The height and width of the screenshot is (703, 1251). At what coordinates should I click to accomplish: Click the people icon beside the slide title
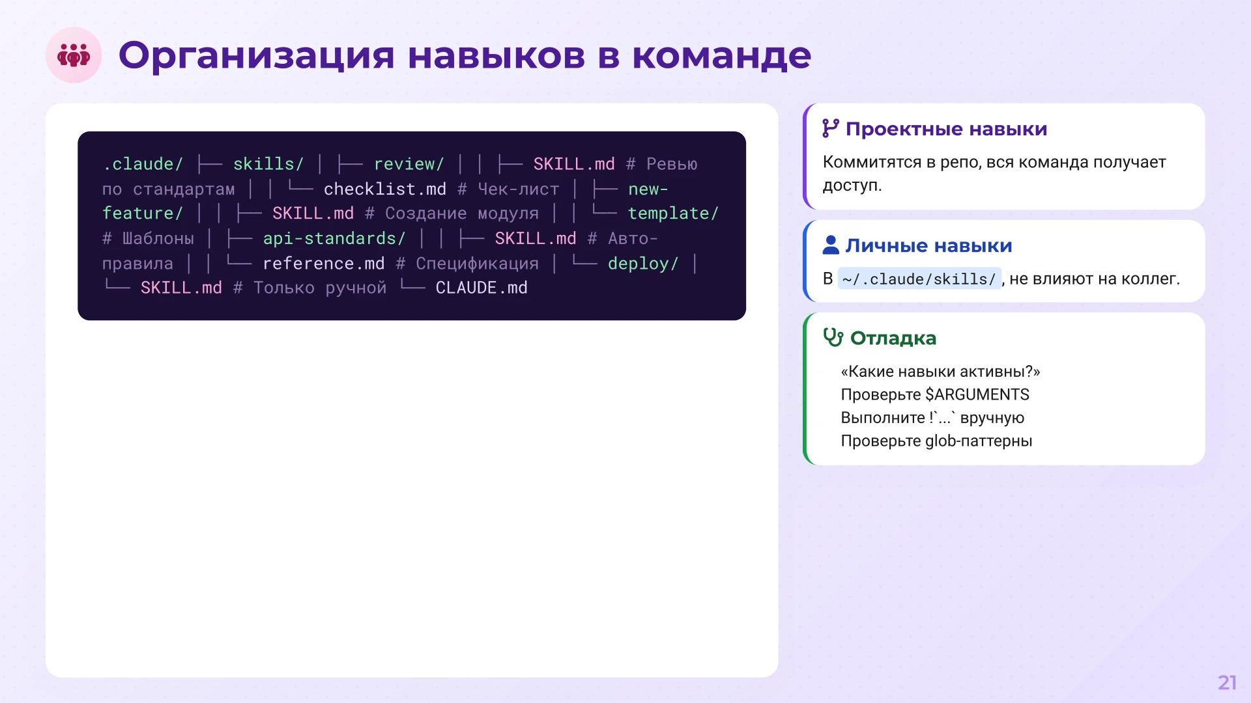[x=74, y=55]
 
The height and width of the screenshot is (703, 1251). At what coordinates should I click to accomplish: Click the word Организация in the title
[x=256, y=55]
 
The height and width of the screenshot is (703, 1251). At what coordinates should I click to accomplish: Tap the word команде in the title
[x=721, y=55]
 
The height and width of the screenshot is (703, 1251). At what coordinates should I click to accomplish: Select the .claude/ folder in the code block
[x=143, y=164]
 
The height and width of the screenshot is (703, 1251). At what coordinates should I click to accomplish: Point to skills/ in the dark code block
[x=268, y=164]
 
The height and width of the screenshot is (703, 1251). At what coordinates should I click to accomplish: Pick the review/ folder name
[x=409, y=164]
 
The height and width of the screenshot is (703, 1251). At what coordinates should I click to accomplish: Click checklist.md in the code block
[x=384, y=189]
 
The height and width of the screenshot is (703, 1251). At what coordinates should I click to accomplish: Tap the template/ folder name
[x=672, y=214]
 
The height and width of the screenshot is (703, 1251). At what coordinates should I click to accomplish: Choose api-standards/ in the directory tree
[x=334, y=239]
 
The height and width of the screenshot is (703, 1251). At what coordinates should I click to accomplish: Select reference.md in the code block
[x=323, y=264]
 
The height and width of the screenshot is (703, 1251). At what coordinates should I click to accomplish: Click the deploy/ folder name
[x=643, y=264]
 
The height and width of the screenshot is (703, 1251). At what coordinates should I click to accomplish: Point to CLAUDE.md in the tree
[x=482, y=288]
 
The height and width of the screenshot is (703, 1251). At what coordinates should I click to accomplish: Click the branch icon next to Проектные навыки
[x=830, y=128]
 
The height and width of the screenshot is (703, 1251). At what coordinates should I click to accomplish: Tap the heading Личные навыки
[x=928, y=245]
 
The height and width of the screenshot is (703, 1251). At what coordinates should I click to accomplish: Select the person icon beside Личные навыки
[x=831, y=245]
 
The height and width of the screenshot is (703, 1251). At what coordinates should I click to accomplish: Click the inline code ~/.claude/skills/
[x=919, y=279]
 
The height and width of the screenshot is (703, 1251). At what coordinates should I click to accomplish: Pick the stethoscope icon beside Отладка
[x=833, y=337]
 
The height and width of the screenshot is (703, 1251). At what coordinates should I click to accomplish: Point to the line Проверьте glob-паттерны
[x=936, y=441]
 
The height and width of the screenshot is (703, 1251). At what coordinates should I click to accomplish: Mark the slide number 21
[x=1227, y=682]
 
